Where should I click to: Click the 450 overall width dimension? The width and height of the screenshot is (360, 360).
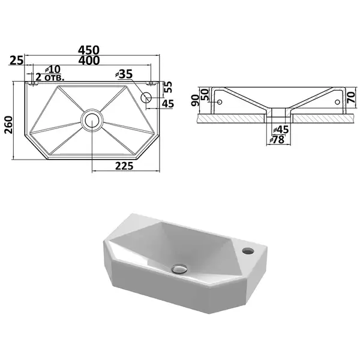click(89, 50)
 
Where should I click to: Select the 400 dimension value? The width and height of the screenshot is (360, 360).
click(89, 61)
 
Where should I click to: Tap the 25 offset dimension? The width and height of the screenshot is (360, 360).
click(17, 61)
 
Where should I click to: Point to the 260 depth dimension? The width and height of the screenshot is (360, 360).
click(9, 125)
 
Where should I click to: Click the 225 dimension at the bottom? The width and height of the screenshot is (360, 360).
click(124, 166)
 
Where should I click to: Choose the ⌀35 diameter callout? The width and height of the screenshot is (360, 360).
click(124, 74)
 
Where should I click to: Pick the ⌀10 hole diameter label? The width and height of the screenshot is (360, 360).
click(53, 69)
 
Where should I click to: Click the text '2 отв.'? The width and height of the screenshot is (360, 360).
click(50, 77)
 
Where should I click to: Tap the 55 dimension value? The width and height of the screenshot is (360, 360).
click(168, 87)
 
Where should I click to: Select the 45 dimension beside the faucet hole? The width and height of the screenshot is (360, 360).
click(168, 104)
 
